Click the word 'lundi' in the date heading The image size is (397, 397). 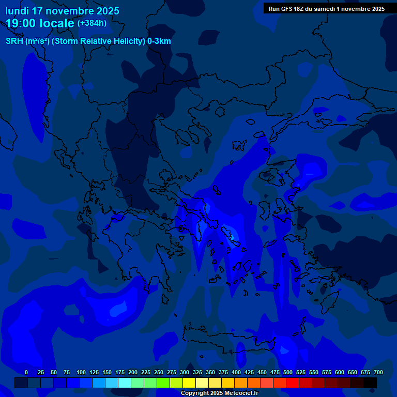(17, 11)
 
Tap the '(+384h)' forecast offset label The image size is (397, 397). (92, 23)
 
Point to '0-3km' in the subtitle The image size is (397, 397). (159, 41)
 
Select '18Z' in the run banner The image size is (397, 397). (302, 9)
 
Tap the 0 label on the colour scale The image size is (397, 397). (26, 372)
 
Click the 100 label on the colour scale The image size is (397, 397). (81, 372)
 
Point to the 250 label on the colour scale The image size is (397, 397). (159, 372)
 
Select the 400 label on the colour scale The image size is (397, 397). (236, 372)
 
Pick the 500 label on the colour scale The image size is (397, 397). (288, 372)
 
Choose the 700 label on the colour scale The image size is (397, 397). (378, 372)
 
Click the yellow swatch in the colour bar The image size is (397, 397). (189, 383)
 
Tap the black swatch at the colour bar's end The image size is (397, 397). (370, 383)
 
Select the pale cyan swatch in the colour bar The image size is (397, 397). (125, 383)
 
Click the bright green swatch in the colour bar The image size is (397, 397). (163, 383)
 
